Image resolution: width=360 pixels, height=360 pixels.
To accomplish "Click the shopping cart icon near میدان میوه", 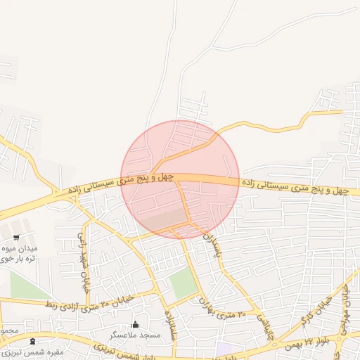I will click(x=16, y=237).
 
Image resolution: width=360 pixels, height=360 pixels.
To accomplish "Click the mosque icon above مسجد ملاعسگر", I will click(x=136, y=325).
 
